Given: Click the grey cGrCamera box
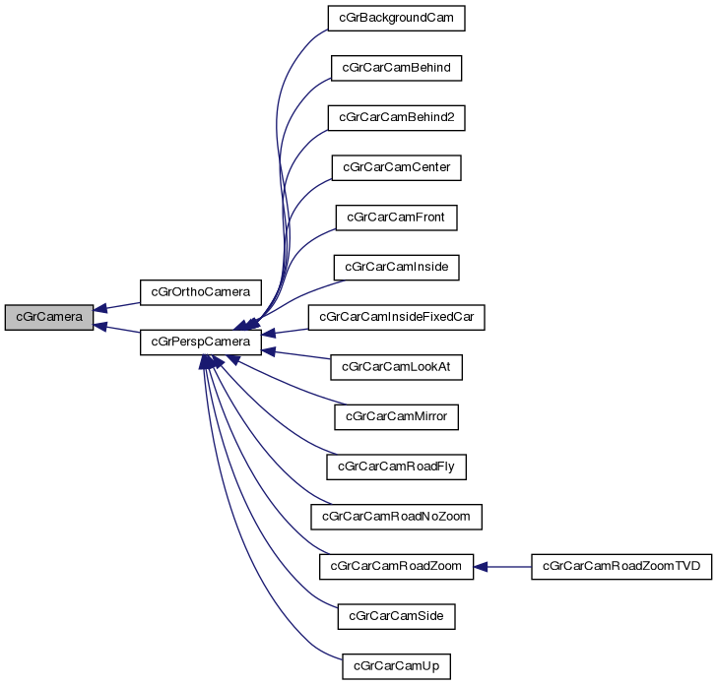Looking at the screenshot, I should [x=49, y=318].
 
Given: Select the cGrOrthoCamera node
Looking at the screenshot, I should [x=201, y=292].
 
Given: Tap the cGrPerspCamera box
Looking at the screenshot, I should [x=201, y=342].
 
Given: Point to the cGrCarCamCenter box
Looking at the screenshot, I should [x=396, y=167].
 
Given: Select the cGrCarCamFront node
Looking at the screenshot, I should [x=396, y=217].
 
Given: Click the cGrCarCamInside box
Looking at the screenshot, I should [x=396, y=267].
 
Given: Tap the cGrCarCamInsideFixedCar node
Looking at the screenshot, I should [x=396, y=317].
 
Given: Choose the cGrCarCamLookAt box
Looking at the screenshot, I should [x=396, y=366].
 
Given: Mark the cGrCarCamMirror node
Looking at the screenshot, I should [x=396, y=416].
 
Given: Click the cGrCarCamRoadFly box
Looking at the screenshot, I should [x=396, y=467].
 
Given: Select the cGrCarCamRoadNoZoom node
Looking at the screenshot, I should [x=396, y=516].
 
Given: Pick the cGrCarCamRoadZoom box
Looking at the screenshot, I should [x=396, y=566].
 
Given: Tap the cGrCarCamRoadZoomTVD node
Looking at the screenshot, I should [x=620, y=566].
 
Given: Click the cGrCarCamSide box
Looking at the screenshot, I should [x=396, y=616].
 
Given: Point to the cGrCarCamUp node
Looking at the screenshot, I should [x=396, y=666].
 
